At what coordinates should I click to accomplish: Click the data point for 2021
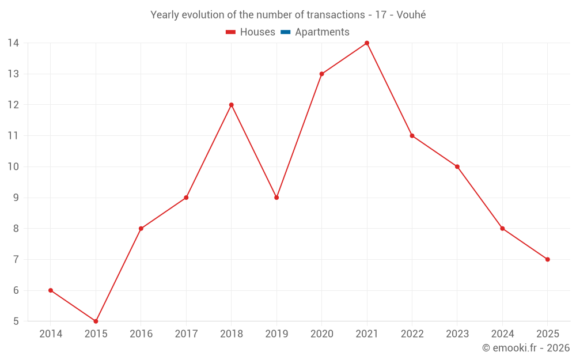[367, 43]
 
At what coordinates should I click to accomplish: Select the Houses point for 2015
[96, 321]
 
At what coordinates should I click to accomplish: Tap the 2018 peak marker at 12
[231, 105]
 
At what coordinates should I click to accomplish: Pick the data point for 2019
[276, 198]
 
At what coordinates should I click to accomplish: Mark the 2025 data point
[548, 259]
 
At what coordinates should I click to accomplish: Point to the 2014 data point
[51, 290]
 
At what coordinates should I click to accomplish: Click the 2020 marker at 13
[321, 74]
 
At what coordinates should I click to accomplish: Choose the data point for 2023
[457, 166]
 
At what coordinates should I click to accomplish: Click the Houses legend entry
[251, 32]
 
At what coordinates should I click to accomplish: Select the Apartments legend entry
[315, 32]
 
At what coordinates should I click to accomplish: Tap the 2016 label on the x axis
[141, 334]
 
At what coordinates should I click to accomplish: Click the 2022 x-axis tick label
[412, 334]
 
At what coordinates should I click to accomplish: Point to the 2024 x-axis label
[502, 334]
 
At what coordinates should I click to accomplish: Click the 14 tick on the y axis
[13, 43]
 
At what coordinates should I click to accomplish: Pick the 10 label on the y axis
[13, 166]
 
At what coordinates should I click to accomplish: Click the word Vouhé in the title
[411, 15]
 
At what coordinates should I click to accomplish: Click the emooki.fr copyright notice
[526, 348]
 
